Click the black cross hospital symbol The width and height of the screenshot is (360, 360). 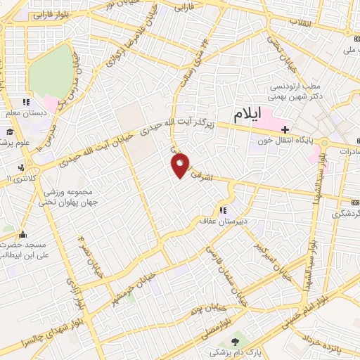(285, 129)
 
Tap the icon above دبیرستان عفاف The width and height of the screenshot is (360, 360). (223, 210)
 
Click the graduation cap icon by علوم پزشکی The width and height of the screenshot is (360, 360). (10, 131)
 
